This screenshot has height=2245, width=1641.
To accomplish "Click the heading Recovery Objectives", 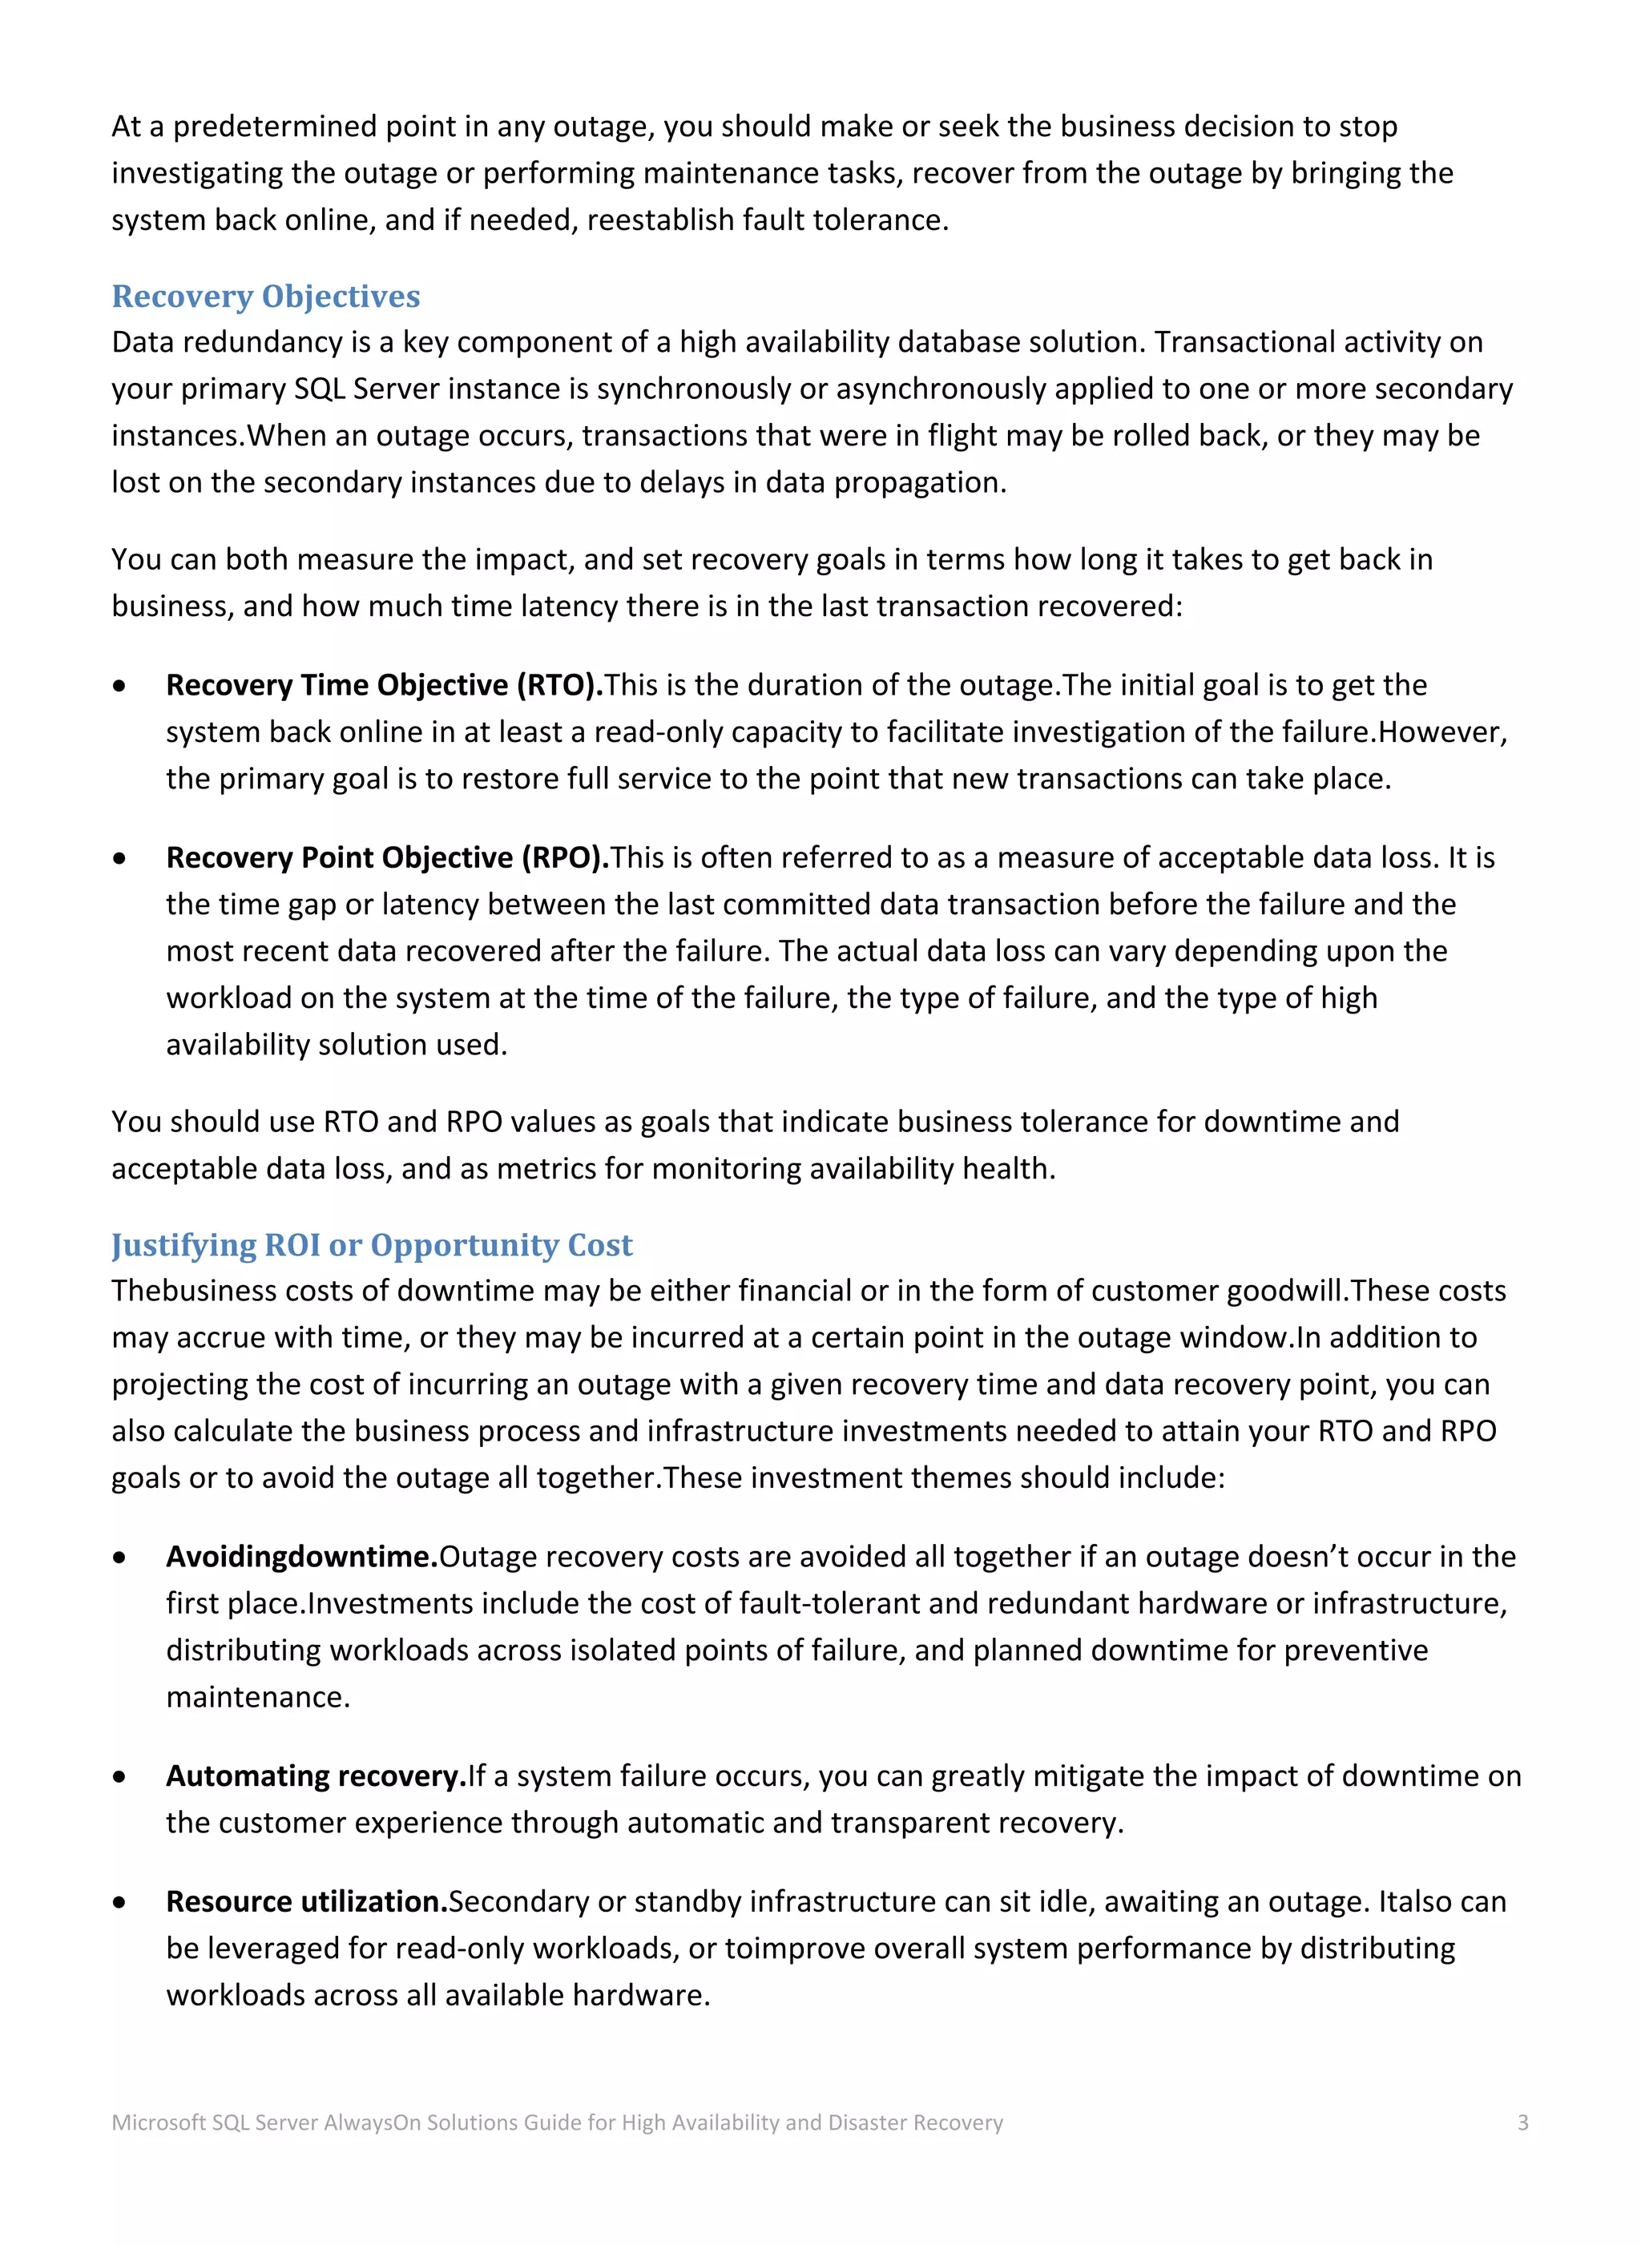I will pyautogui.click(x=265, y=296).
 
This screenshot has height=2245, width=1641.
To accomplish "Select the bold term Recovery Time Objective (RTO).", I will pyautogui.click(x=385, y=684).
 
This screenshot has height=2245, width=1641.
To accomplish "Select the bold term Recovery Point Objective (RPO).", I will pyautogui.click(x=387, y=857).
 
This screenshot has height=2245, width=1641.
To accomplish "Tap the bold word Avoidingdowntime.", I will pyautogui.click(x=302, y=1557).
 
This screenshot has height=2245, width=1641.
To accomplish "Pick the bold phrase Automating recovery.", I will pyautogui.click(x=316, y=1775).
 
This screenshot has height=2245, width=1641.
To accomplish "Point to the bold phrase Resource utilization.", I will pyautogui.click(x=307, y=1901).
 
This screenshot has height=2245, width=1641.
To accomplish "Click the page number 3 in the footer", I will pyautogui.click(x=1522, y=2123).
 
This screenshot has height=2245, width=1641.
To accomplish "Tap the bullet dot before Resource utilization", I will pyautogui.click(x=119, y=1902).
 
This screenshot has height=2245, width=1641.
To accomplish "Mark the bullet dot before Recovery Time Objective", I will pyautogui.click(x=119, y=685).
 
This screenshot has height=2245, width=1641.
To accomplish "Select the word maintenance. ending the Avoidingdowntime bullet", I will pyautogui.click(x=258, y=1697).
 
